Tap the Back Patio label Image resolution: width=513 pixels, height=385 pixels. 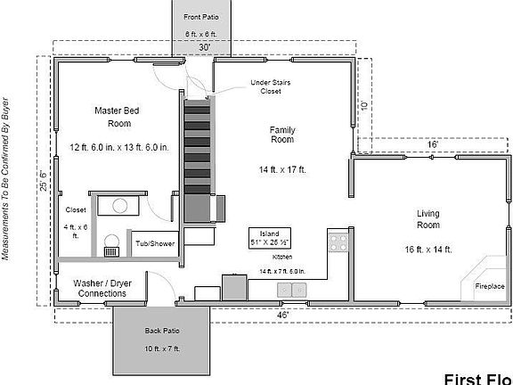[x=163, y=331]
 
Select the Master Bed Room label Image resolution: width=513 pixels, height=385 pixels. [x=119, y=117]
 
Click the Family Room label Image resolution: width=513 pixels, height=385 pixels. [x=282, y=135]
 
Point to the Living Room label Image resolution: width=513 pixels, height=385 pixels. [x=430, y=219]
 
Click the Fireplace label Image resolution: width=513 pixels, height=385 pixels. [x=489, y=287]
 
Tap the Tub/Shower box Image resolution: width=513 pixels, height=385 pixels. [x=155, y=242]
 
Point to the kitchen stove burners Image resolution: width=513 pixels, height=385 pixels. [x=338, y=240]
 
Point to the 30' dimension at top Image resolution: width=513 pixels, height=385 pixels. [x=204, y=47]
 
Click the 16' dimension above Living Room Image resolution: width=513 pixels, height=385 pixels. [x=432, y=143]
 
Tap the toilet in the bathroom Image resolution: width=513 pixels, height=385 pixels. [x=111, y=244]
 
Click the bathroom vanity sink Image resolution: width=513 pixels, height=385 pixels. [x=118, y=205]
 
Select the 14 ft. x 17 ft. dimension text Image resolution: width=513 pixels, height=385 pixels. [x=282, y=169]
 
